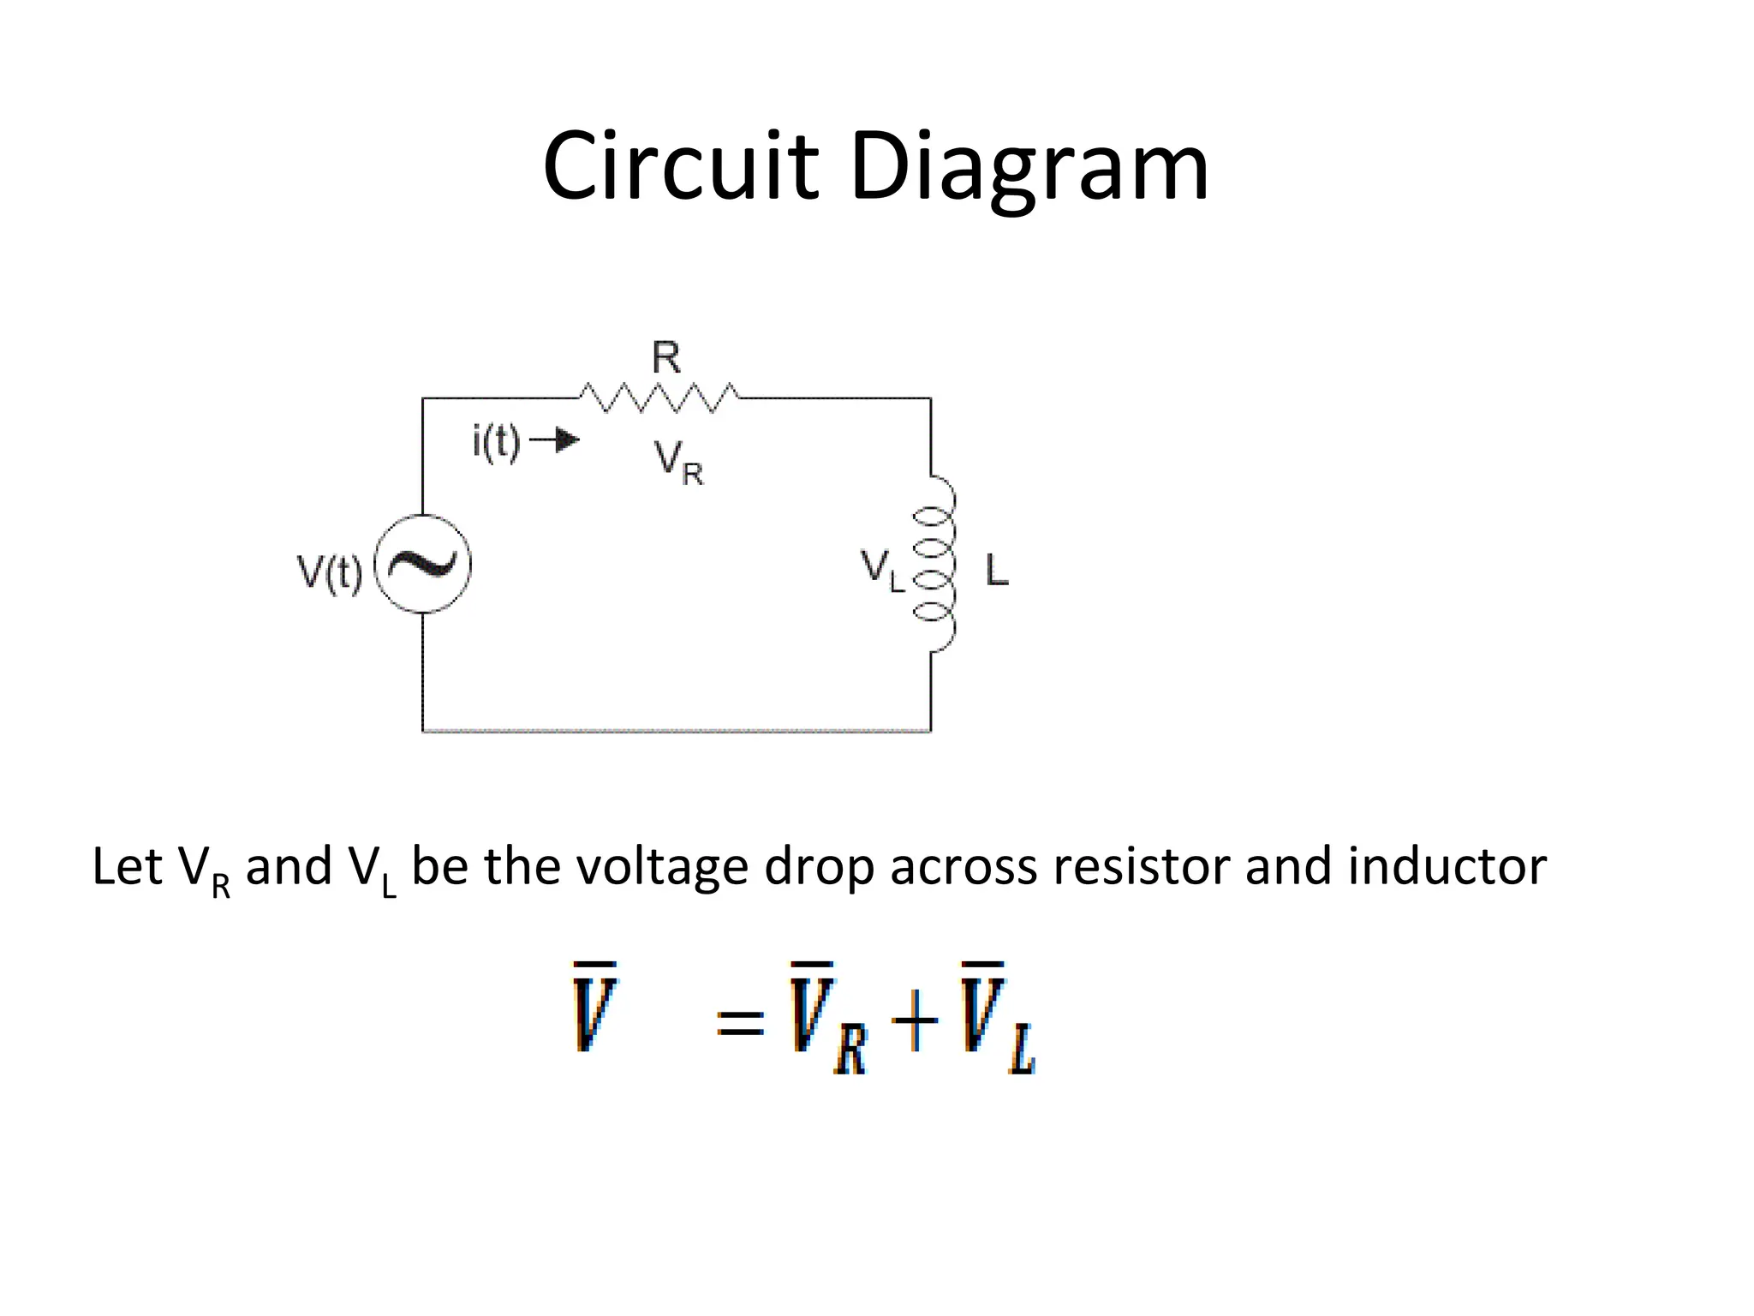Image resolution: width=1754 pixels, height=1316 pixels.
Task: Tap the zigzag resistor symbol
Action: tap(658, 398)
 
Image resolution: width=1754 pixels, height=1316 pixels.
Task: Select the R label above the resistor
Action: tap(666, 358)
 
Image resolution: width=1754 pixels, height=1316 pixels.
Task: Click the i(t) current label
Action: tap(497, 443)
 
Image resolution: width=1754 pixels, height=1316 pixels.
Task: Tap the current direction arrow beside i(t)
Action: tap(555, 440)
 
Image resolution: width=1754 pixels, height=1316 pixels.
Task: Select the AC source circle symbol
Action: tap(423, 565)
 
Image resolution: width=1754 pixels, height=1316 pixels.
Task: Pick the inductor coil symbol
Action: tap(935, 563)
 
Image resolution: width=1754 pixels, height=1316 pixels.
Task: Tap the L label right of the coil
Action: tap(997, 571)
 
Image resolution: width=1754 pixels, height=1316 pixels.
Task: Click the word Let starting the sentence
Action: tap(127, 866)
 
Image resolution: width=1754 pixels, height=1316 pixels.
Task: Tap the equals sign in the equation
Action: tap(740, 1021)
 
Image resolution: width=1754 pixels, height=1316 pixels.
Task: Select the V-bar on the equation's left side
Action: tap(594, 1008)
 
